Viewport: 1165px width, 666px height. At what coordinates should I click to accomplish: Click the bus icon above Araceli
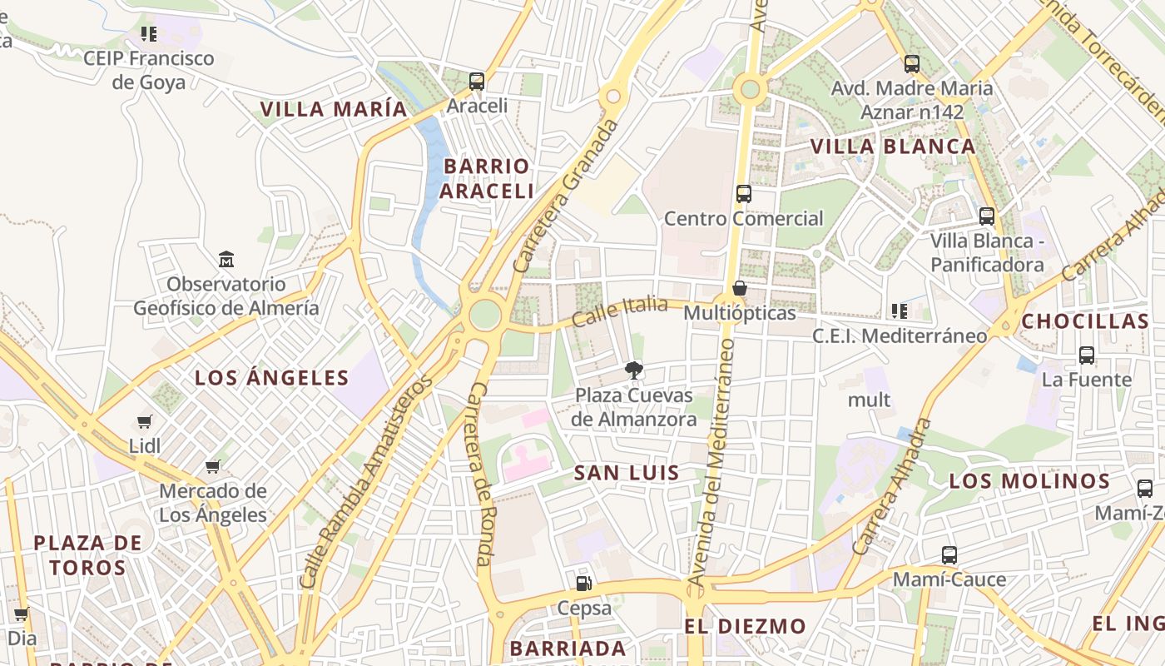click(x=477, y=82)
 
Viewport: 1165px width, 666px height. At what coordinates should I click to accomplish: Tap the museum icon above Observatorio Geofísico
click(x=226, y=259)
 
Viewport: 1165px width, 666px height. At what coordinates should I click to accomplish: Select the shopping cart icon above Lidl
click(x=145, y=422)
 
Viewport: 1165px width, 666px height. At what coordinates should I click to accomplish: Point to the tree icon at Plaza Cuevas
click(x=634, y=370)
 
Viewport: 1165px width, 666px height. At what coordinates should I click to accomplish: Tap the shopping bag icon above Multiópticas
click(x=739, y=289)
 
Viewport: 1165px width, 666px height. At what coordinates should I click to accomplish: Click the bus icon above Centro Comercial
click(x=744, y=194)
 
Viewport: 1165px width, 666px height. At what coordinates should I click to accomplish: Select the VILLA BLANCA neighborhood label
click(x=893, y=147)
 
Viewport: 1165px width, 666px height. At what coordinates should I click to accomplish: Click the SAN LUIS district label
click(x=627, y=473)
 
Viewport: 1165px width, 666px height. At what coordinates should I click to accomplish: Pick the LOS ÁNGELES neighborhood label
click(x=271, y=378)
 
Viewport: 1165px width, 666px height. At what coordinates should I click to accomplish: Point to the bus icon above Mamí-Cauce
click(x=949, y=555)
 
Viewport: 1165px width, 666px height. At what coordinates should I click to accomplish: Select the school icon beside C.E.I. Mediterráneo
click(x=899, y=311)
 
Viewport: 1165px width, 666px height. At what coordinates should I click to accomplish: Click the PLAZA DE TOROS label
click(x=87, y=555)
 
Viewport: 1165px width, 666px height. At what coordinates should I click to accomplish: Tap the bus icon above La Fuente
click(x=1087, y=355)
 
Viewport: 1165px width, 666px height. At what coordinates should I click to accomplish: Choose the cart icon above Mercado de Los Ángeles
click(x=213, y=467)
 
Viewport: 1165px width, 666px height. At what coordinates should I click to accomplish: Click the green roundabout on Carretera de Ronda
click(x=485, y=315)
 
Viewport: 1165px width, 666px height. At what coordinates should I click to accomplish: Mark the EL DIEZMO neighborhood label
click(x=745, y=626)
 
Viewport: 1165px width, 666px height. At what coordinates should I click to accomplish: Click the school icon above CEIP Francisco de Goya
click(x=149, y=34)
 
